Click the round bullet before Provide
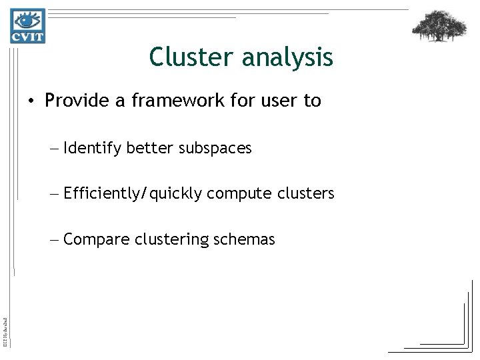(32, 102)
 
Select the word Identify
(93, 148)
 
